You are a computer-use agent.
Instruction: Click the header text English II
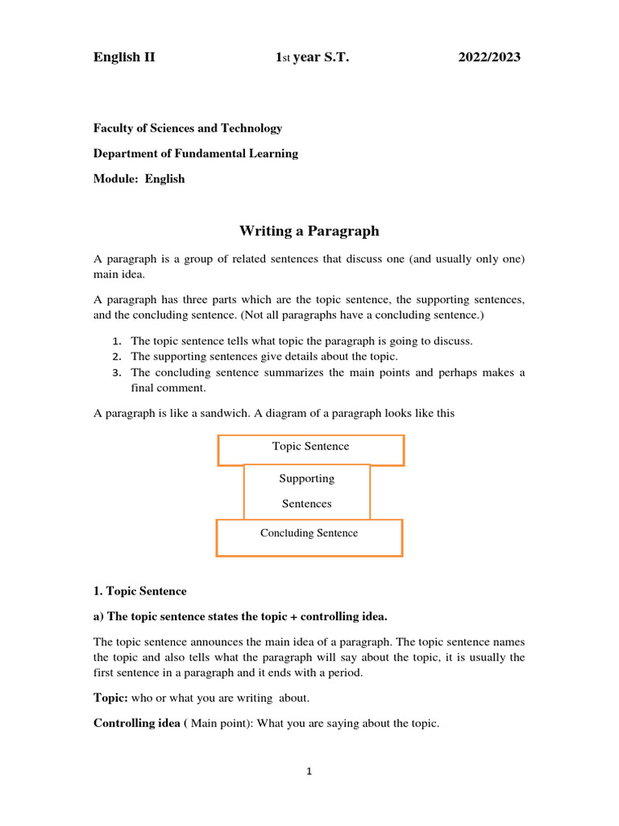pos(124,57)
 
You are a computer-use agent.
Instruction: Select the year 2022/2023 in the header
pos(489,57)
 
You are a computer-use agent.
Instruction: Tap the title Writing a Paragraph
pos(309,232)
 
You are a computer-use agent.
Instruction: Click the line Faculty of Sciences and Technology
pos(188,128)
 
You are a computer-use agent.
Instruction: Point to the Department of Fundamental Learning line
pos(196,153)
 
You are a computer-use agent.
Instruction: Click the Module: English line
pos(139,179)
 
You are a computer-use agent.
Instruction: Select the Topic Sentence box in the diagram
pos(310,447)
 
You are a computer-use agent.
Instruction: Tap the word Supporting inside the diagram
pos(307,478)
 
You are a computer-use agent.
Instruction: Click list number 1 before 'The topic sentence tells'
pos(116,341)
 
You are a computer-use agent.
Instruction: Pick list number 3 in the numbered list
pos(116,373)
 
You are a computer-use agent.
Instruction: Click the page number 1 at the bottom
pos(309,772)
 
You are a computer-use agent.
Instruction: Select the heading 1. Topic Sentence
pos(139,591)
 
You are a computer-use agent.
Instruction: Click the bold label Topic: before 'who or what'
pos(110,699)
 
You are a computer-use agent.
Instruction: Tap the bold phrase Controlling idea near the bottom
pos(138,724)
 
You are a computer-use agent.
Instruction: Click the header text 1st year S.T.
pos(313,57)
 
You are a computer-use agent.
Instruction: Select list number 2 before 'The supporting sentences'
pos(116,357)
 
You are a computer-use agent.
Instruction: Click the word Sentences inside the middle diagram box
pos(307,504)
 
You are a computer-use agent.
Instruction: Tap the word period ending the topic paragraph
pos(347,673)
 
